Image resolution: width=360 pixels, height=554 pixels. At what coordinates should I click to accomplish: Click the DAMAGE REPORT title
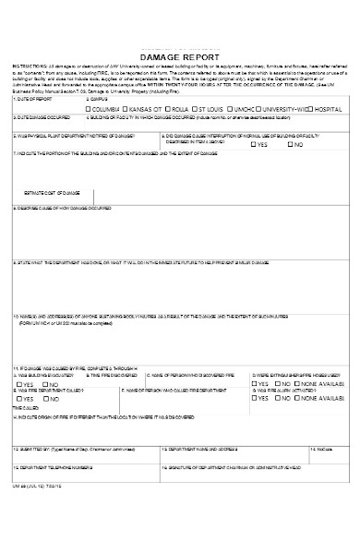180,56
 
